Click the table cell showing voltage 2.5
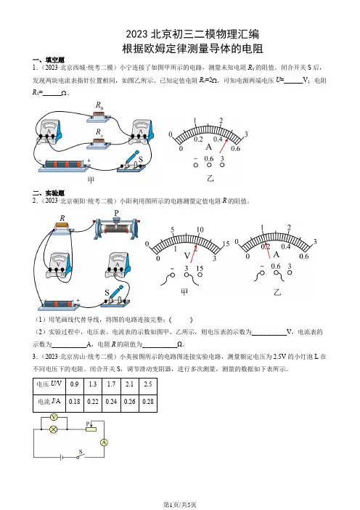tap(148, 386)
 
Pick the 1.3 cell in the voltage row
tap(93, 386)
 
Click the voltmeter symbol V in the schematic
tap(54, 417)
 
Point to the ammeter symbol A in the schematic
tap(104, 442)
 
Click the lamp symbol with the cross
tap(53, 429)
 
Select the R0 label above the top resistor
tap(99, 105)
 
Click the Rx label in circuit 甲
tap(99, 132)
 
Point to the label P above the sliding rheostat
tap(117, 213)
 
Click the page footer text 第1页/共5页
tap(180, 504)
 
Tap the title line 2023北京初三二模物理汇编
tap(192, 34)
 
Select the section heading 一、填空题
tap(49, 60)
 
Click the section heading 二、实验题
tap(49, 193)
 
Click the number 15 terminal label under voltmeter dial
tap(200, 268)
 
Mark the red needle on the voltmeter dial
tap(193, 254)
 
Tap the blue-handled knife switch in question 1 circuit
tap(131, 162)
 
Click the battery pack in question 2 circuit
tap(59, 304)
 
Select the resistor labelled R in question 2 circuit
tap(62, 227)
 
